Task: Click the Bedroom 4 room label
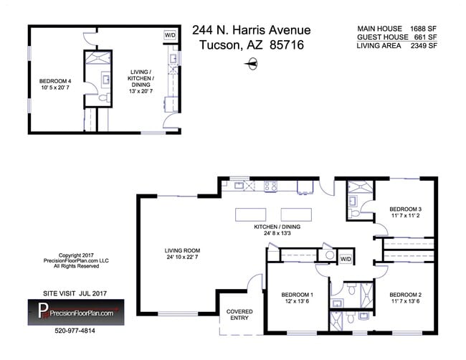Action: pos(55,85)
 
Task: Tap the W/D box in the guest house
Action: pos(170,34)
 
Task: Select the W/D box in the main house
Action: pos(346,259)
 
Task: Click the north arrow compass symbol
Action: pos(251,65)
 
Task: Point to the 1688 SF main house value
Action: pos(424,29)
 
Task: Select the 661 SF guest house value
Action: pos(427,37)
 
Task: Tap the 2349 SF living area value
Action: pos(424,46)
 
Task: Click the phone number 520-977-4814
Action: pos(75,331)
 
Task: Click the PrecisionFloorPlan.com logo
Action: pos(75,312)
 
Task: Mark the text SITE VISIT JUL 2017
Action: pos(70,293)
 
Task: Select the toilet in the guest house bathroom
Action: pos(102,98)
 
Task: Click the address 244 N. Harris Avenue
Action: pos(251,30)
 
